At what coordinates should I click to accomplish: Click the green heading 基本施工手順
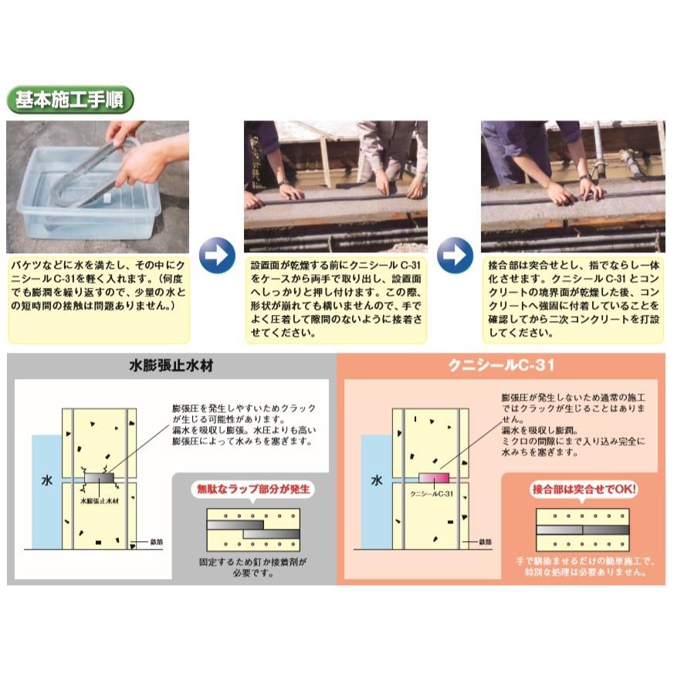(70, 100)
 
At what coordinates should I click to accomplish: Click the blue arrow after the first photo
(217, 255)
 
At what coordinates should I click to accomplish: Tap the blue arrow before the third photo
(455, 255)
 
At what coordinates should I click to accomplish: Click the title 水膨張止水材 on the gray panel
(171, 366)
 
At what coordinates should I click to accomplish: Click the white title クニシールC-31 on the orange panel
(501, 365)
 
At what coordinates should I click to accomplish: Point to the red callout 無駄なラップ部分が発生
(253, 489)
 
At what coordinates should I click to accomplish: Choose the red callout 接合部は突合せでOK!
(584, 489)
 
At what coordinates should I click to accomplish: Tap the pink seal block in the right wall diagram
(434, 478)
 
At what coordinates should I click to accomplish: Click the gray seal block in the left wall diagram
(100, 478)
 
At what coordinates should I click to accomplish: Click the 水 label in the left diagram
(46, 481)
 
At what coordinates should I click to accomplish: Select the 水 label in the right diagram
(377, 481)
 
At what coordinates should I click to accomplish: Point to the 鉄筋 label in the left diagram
(157, 541)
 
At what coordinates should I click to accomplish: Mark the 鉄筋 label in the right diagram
(486, 541)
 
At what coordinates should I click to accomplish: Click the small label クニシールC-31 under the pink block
(432, 494)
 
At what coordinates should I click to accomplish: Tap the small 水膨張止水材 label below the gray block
(100, 501)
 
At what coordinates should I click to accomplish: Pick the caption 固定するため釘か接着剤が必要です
(253, 567)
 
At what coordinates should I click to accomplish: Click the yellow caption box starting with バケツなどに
(99, 300)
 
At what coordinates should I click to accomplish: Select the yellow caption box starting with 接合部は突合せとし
(573, 300)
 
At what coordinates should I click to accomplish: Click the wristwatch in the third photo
(585, 178)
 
